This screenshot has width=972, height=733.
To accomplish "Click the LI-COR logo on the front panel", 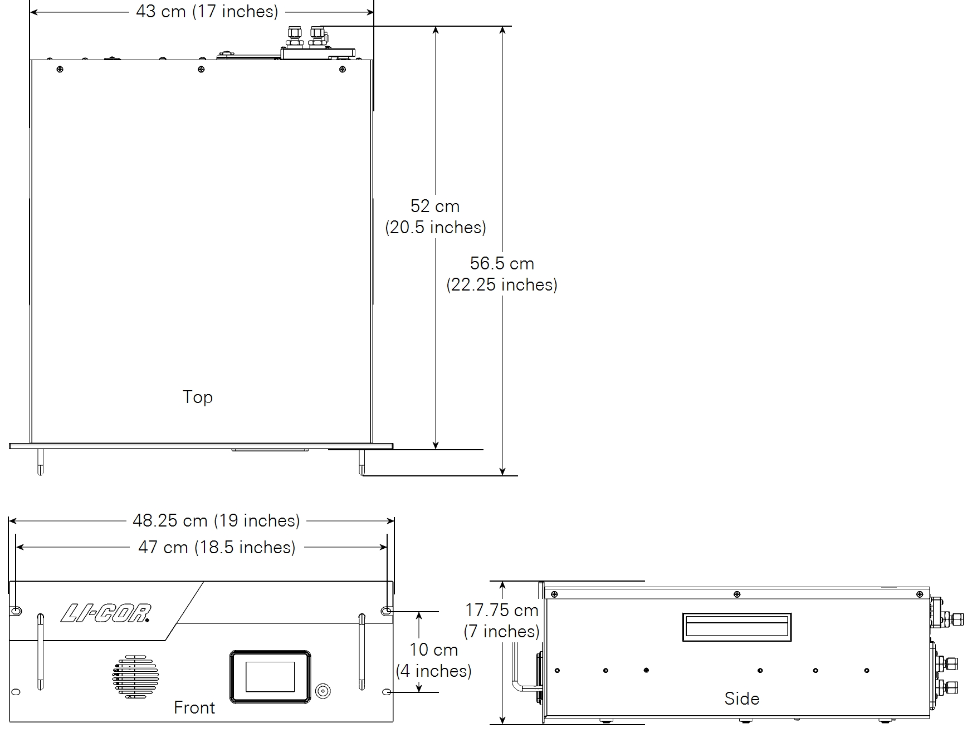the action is [106, 613].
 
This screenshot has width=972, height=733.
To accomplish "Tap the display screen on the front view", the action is [270, 677].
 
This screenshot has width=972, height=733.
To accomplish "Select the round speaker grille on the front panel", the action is [135, 677].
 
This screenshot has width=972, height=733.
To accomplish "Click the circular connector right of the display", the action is [323, 692].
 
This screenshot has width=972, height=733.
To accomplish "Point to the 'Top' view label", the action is [198, 397].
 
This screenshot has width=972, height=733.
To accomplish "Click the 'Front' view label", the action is [194, 707].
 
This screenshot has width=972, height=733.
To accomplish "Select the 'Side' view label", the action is [741, 698].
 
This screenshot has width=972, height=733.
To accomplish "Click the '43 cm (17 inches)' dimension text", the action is [207, 12].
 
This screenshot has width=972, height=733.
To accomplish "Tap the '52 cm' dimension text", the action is [435, 206].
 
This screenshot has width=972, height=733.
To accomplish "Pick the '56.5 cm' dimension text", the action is [502, 263].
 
